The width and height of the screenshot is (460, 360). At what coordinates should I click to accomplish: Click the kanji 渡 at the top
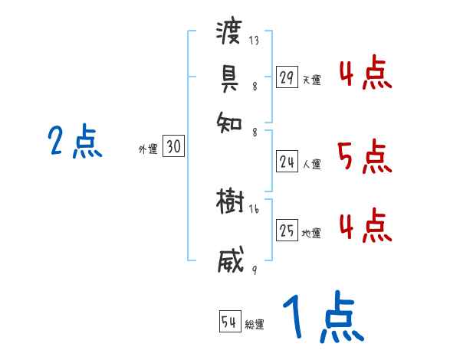(230, 33)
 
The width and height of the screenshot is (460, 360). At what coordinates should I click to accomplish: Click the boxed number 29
(287, 77)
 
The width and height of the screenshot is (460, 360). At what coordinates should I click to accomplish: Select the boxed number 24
(287, 162)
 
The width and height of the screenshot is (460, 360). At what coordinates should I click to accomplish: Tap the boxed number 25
(287, 231)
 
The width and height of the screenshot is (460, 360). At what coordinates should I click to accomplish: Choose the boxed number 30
(174, 148)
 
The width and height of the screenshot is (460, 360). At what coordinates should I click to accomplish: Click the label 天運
(311, 80)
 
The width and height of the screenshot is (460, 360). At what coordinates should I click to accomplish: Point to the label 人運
(311, 164)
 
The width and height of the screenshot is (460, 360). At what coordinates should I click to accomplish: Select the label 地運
(311, 234)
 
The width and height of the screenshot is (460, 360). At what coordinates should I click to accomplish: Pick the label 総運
(255, 324)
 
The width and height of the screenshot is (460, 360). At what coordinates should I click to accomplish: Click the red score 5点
(364, 158)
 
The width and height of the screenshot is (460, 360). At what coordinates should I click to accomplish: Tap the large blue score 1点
(321, 317)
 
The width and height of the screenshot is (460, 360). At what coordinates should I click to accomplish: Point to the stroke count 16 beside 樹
(255, 209)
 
